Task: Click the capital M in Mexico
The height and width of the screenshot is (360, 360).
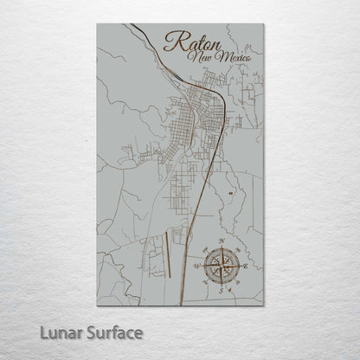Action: point(222,57)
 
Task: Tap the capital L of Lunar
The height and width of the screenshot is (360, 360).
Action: point(42,331)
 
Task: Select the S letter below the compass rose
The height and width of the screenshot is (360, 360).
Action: point(222,291)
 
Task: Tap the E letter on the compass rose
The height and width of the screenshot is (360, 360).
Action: point(248,266)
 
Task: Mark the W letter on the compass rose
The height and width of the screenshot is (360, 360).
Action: point(196,265)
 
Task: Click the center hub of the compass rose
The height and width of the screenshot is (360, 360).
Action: point(222,265)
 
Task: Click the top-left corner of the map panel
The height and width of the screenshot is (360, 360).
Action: point(97,24)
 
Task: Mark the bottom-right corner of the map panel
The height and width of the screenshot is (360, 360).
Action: point(263,305)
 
